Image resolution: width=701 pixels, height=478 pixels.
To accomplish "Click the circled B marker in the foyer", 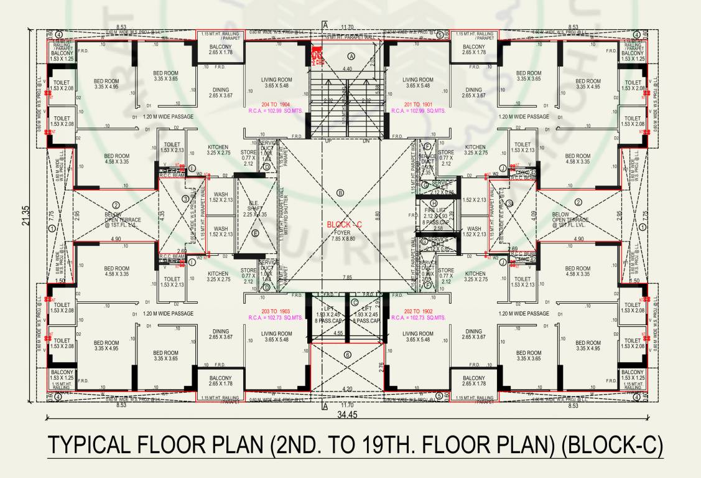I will (x=340, y=193).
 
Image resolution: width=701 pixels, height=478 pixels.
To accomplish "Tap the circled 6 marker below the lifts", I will (x=348, y=355).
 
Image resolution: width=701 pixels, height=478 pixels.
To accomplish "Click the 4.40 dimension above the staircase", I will (x=348, y=68).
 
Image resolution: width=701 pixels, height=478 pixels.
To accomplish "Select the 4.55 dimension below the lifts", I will (x=338, y=334).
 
